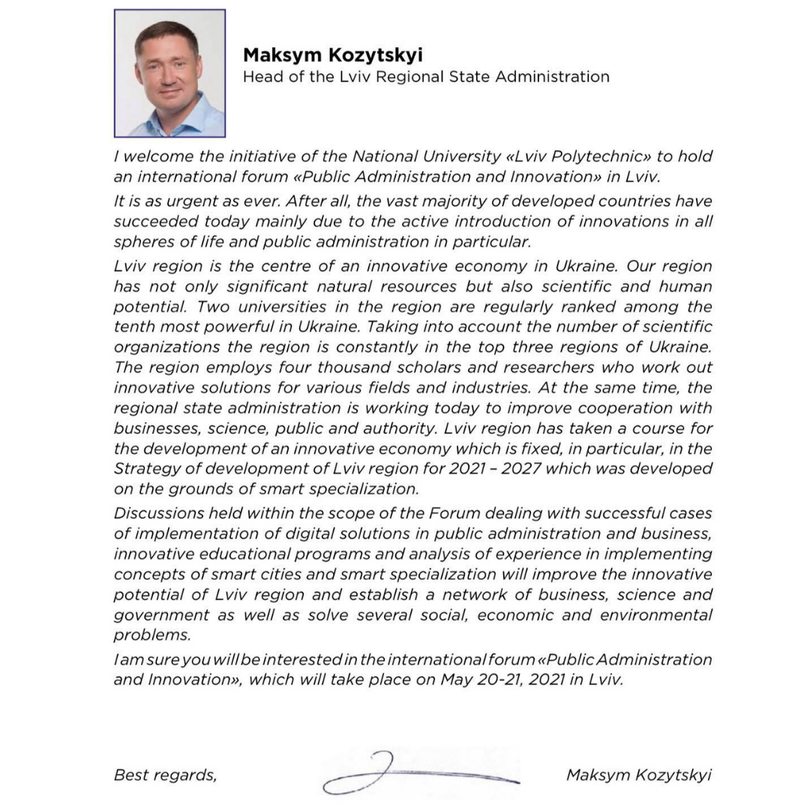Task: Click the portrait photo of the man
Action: tap(169, 73)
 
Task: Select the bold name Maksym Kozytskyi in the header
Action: tap(332, 55)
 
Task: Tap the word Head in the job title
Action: tap(260, 76)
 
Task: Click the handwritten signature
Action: tap(420, 773)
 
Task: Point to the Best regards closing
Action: tap(165, 775)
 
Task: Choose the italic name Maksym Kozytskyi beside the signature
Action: tap(638, 775)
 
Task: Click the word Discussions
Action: tap(158, 514)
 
